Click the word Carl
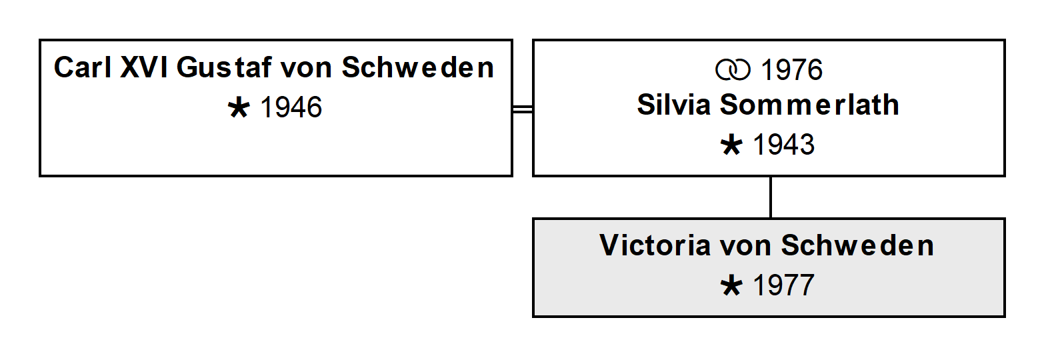[x=83, y=67]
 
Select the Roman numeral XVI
[x=144, y=67]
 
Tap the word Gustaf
[x=224, y=67]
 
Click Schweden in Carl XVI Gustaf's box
[x=417, y=67]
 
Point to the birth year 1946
[x=291, y=107]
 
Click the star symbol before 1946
[x=239, y=108]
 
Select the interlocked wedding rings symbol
[x=733, y=70]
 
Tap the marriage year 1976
[x=791, y=70]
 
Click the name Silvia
[x=674, y=105]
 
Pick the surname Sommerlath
[x=809, y=105]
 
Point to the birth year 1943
[x=783, y=144]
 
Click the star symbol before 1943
[x=731, y=145]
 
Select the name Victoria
[x=655, y=245]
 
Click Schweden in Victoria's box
[x=857, y=245]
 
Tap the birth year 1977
[x=783, y=285]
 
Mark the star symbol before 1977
[x=731, y=286]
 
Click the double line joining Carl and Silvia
[x=523, y=109]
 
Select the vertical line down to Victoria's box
[x=771, y=197]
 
